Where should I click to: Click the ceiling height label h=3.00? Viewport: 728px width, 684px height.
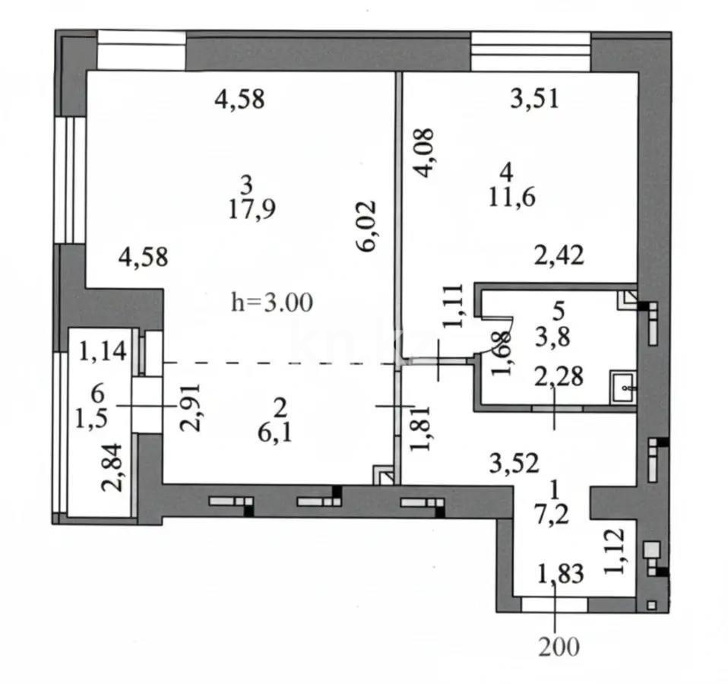pyautogui.click(x=271, y=303)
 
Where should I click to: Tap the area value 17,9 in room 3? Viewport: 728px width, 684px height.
pyautogui.click(x=252, y=210)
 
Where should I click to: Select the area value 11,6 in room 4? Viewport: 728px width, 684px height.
pyautogui.click(x=514, y=198)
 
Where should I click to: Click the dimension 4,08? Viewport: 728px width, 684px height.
pyautogui.click(x=425, y=153)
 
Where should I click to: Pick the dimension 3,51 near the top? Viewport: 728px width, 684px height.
pyautogui.click(x=534, y=100)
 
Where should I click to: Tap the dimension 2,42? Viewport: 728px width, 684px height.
pyautogui.click(x=559, y=256)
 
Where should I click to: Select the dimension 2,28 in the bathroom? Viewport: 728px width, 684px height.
pyautogui.click(x=559, y=375)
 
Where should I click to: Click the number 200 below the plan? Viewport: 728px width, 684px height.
pyautogui.click(x=559, y=647)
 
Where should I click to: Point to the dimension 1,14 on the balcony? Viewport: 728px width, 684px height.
pyautogui.click(x=104, y=351)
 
